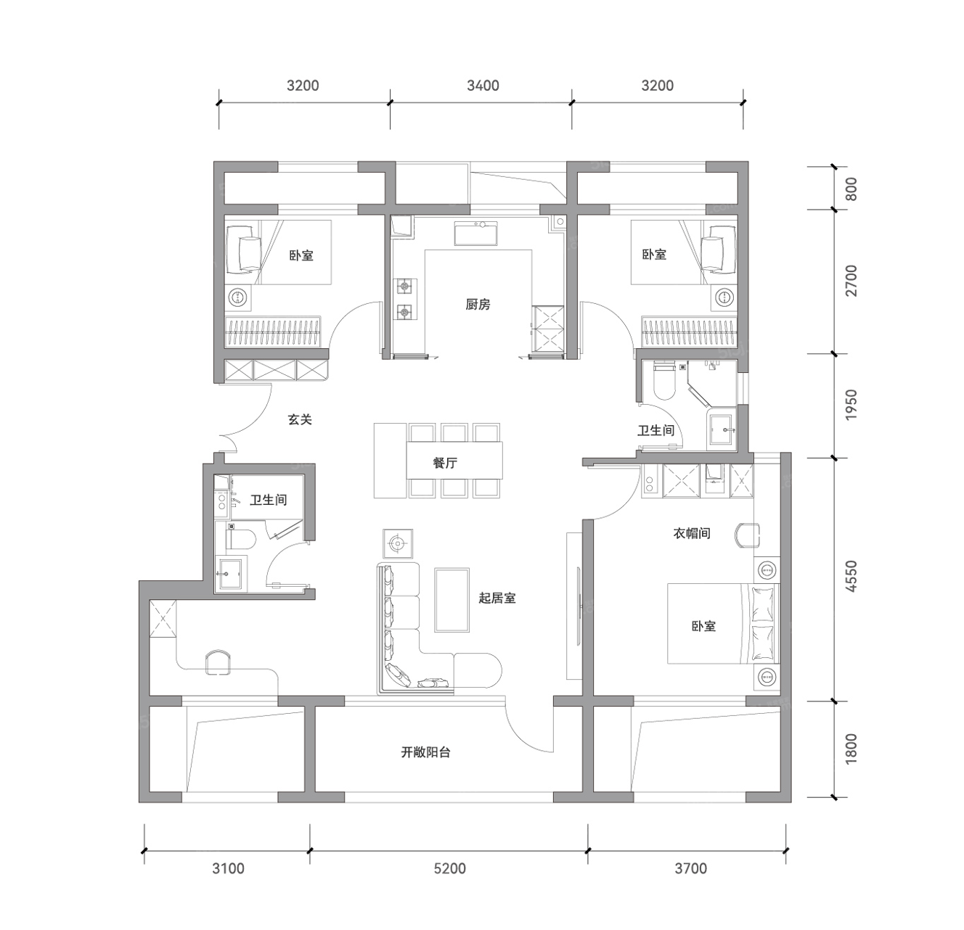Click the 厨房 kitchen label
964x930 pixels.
point(478,305)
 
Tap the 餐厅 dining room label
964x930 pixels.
point(445,463)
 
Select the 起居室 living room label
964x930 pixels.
point(497,598)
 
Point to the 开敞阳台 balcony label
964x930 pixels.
point(425,752)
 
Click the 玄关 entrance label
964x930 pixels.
point(300,420)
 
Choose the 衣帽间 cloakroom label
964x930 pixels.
point(692,533)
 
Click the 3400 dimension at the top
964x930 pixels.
point(483,86)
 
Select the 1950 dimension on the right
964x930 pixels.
point(851,405)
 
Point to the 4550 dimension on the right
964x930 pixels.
point(851,576)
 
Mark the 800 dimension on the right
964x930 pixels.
point(851,189)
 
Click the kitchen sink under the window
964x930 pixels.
point(475,233)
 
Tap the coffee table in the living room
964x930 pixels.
point(452,600)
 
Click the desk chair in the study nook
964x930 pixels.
point(218,662)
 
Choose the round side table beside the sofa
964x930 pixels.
point(397,543)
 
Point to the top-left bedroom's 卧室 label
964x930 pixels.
point(301,255)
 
